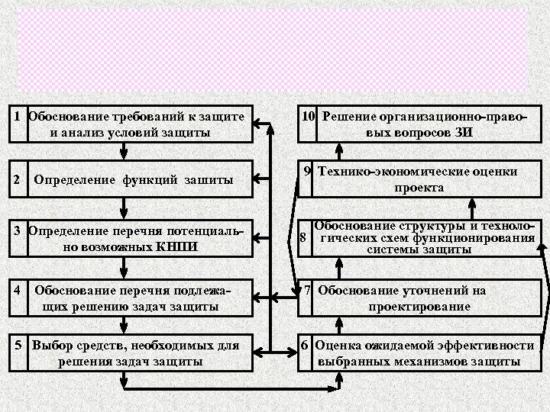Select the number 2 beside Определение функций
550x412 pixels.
pos(17,179)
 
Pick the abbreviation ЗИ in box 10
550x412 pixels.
pos(464,131)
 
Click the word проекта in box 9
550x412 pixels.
pos(419,187)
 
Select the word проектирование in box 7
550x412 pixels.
pos(419,306)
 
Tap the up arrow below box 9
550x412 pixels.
pos(474,206)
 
